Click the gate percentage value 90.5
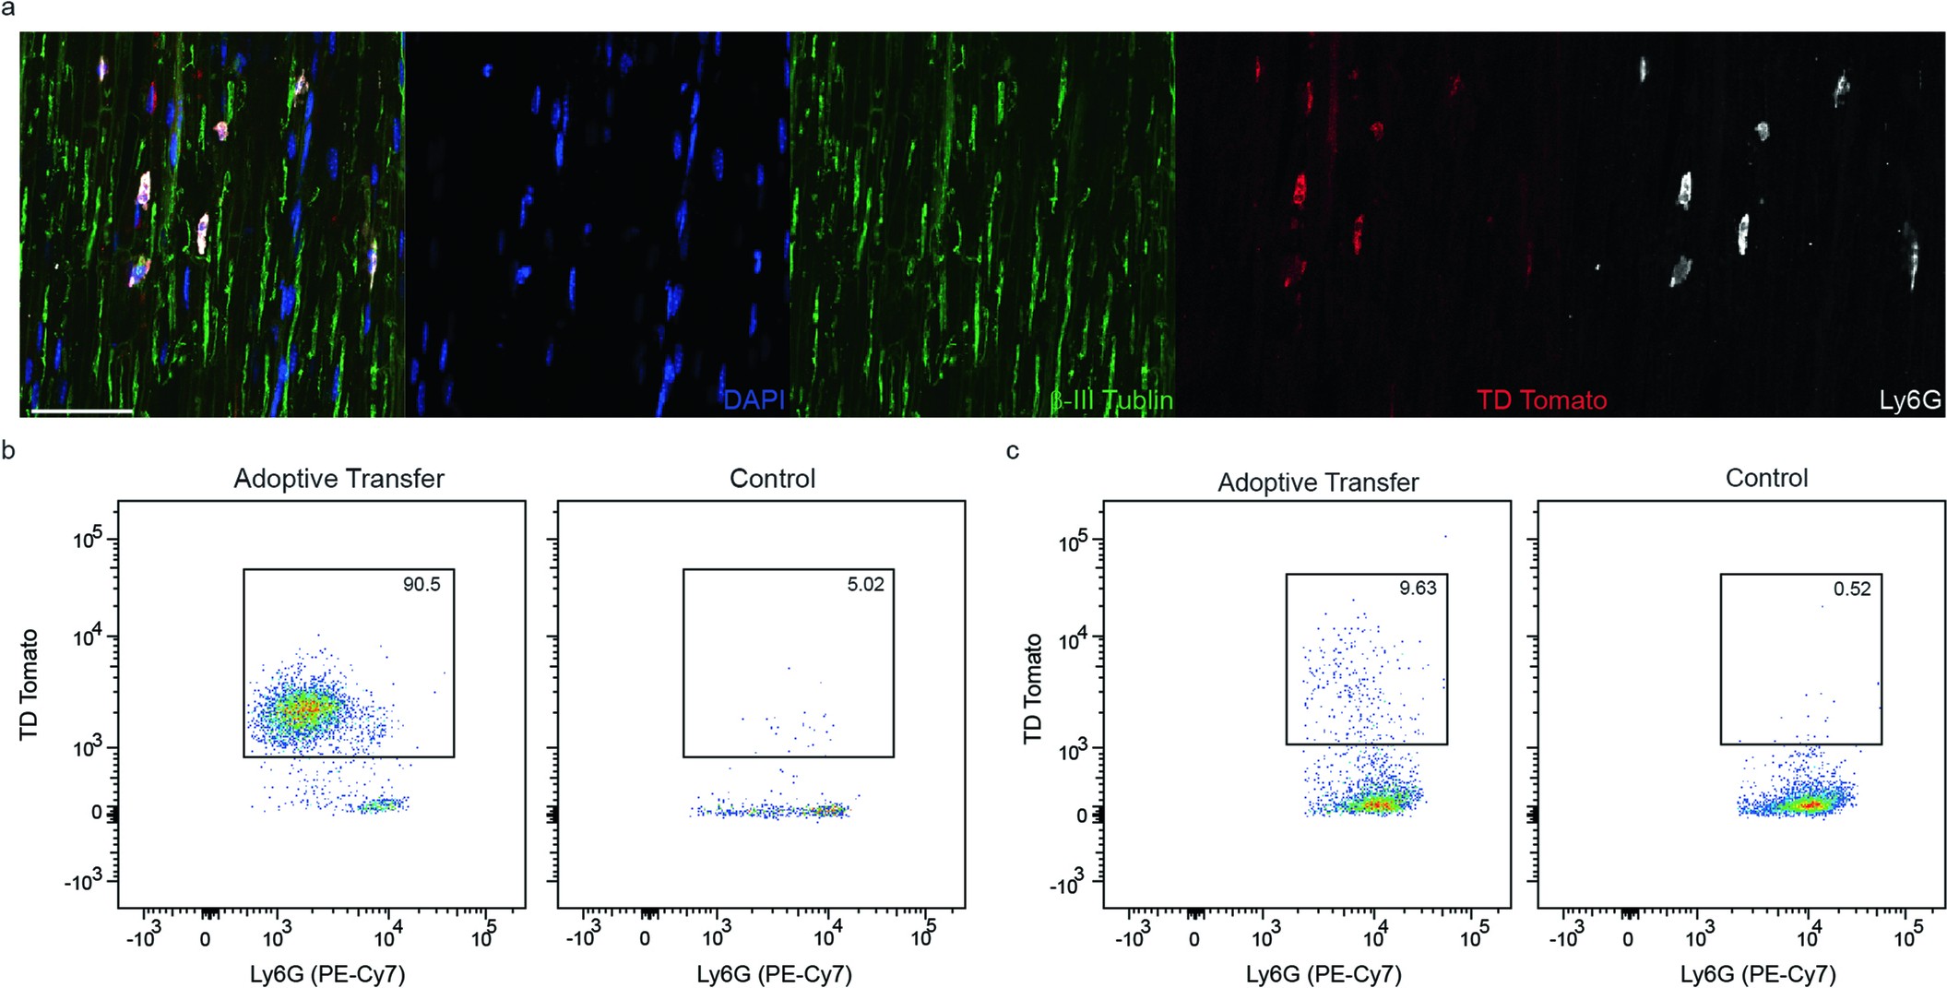point(421,585)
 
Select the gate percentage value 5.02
point(865,585)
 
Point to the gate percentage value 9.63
point(1418,589)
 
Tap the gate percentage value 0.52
point(1852,589)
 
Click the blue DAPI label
point(754,400)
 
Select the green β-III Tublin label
point(1110,400)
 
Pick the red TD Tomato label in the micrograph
point(1541,400)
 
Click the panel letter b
point(8,450)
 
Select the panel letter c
point(1013,450)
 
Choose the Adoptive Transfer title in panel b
point(338,479)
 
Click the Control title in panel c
point(1766,478)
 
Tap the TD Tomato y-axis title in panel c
point(1033,688)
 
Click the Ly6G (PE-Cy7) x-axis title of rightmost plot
point(1757,974)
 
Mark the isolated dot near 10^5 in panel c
point(1445,536)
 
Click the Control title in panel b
point(772,479)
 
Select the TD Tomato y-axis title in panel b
point(30,684)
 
